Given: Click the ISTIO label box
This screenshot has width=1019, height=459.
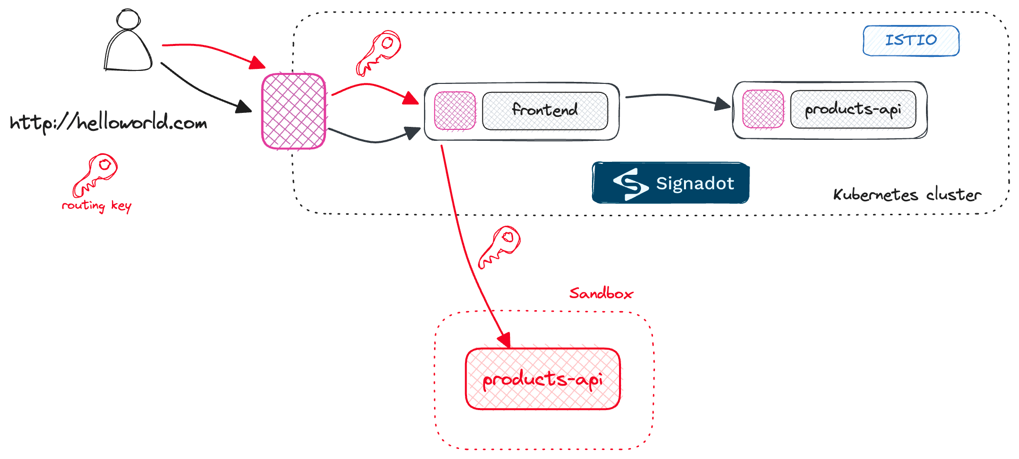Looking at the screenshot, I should [x=910, y=40].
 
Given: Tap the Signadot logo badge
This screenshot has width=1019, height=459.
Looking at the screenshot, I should [x=670, y=183].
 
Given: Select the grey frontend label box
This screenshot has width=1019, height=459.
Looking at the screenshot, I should [x=545, y=110].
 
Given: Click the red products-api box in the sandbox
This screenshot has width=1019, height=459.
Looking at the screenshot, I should [x=542, y=379].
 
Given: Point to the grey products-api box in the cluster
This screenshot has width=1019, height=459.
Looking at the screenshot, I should [x=853, y=109].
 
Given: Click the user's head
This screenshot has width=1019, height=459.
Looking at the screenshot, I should [x=128, y=19].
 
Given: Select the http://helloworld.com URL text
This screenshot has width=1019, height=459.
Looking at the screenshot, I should [x=108, y=122].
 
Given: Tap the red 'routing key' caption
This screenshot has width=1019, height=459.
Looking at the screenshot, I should [x=96, y=206].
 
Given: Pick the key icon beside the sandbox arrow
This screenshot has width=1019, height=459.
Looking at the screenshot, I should [x=499, y=247].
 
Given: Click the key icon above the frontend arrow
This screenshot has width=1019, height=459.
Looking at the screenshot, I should [x=378, y=52].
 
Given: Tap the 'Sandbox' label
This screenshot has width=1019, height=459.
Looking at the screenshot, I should [x=601, y=293].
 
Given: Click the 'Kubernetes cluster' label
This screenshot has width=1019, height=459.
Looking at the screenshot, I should [x=907, y=195].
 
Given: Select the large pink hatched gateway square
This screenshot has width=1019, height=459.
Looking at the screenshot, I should [x=294, y=111].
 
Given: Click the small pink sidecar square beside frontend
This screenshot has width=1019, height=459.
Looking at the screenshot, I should [x=455, y=111].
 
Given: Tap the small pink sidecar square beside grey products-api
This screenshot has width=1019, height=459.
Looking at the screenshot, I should [x=763, y=109].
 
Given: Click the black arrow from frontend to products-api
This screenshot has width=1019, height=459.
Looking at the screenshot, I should [x=675, y=96].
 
